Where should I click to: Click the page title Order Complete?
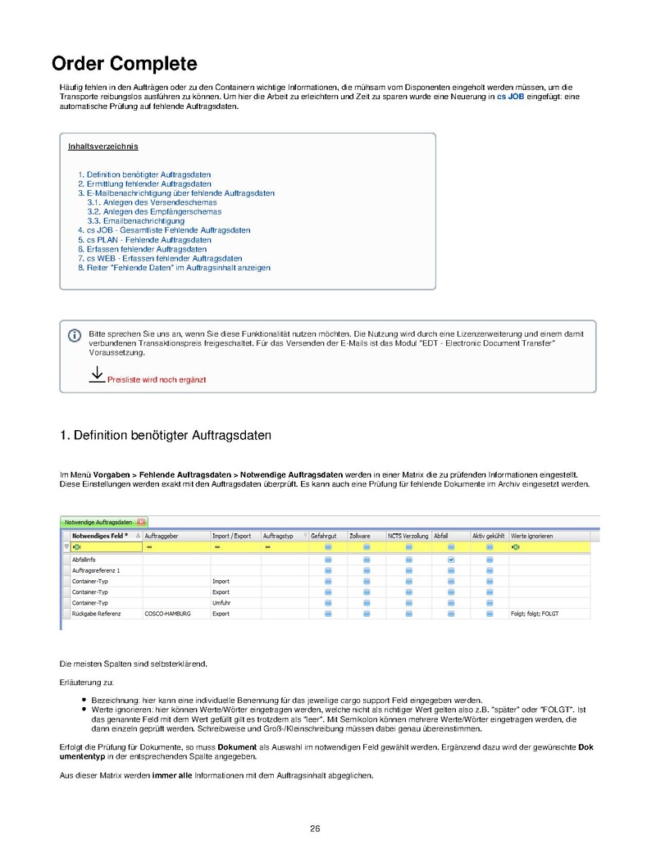click(124, 64)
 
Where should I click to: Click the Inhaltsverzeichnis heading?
click(102, 147)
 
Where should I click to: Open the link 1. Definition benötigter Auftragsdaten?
click(144, 175)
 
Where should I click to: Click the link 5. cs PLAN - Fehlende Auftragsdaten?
click(144, 240)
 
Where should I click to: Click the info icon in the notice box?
click(74, 335)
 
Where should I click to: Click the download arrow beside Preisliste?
click(96, 374)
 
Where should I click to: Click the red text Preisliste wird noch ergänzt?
click(157, 380)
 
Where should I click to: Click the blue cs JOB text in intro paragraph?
click(510, 97)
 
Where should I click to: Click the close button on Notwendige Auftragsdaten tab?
click(141, 522)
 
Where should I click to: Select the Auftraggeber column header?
click(162, 536)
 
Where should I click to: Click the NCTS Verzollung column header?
click(408, 536)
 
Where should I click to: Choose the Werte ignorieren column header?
click(531, 536)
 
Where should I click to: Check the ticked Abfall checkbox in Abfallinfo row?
click(451, 559)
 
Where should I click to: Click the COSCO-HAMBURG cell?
click(167, 613)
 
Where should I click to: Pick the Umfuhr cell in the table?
click(221, 602)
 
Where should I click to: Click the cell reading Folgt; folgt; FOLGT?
click(534, 613)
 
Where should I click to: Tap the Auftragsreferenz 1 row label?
click(97, 569)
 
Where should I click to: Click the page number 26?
click(315, 828)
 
